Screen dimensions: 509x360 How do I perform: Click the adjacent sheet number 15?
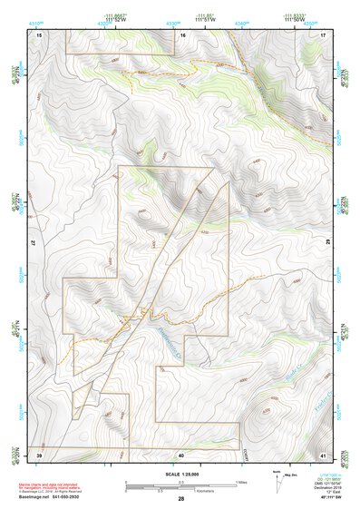(40, 34)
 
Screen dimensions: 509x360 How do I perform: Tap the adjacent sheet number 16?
(181, 34)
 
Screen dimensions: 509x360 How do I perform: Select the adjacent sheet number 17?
(322, 34)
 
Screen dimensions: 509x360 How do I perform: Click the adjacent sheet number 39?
(40, 454)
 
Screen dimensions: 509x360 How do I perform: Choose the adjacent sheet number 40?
(181, 454)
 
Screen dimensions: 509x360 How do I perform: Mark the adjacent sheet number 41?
(322, 454)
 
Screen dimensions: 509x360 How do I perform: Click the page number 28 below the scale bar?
(181, 499)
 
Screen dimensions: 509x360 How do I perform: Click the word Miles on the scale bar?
(241, 481)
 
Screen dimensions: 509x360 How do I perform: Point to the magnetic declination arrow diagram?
(276, 481)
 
